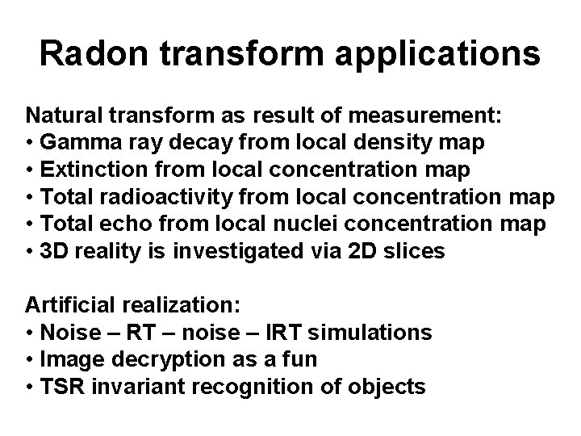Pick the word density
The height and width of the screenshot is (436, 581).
[407, 143]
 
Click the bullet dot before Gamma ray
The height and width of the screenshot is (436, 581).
[30, 144]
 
